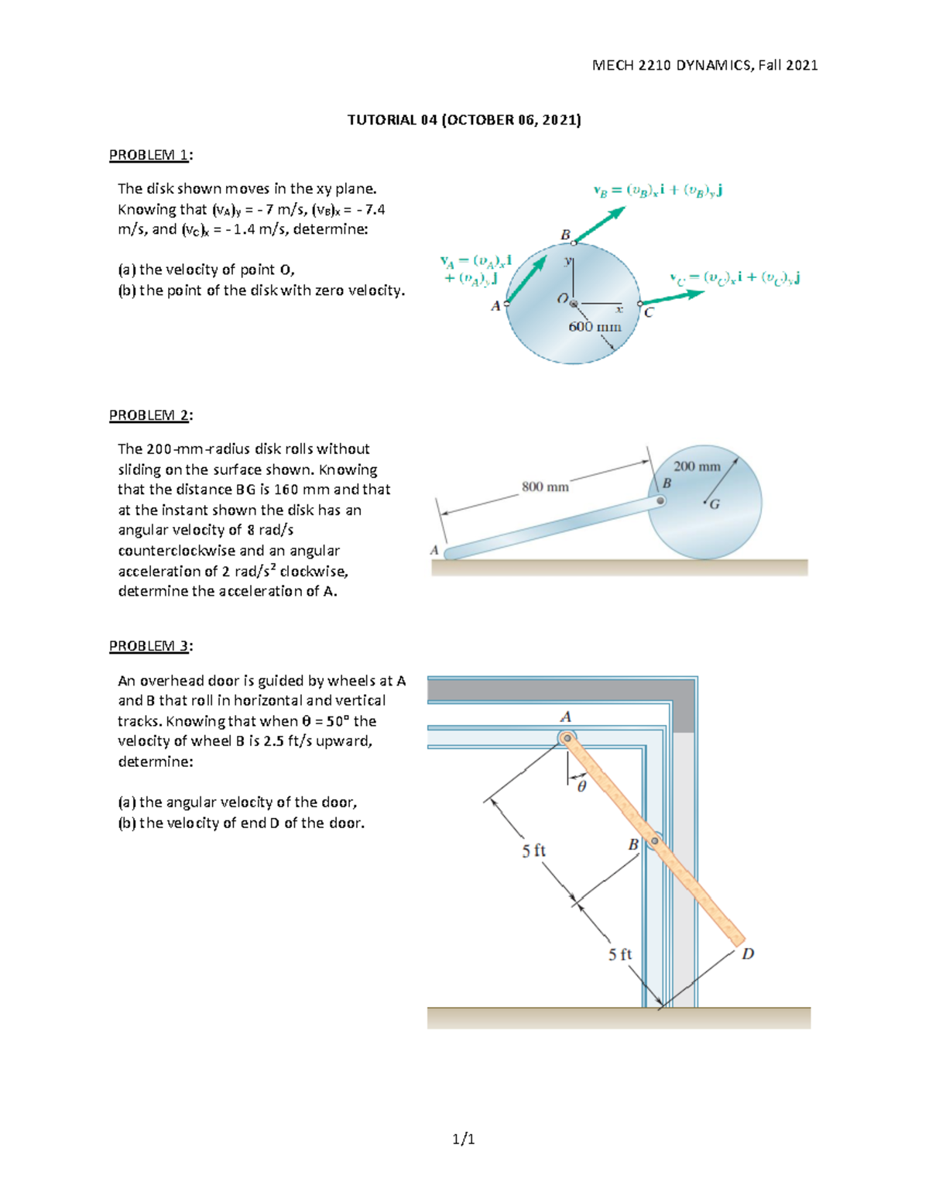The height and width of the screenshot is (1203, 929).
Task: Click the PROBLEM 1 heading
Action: pos(150,155)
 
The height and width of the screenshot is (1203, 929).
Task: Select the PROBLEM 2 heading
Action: pos(150,415)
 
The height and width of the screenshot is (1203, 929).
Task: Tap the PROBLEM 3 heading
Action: pos(150,646)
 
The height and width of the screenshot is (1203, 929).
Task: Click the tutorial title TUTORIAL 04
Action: pos(464,119)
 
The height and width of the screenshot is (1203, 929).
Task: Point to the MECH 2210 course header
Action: pos(704,65)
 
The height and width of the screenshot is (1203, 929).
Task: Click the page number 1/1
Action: pos(464,1139)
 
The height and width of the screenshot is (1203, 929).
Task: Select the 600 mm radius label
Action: pos(595,327)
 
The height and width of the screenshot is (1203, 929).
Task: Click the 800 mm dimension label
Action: pos(545,487)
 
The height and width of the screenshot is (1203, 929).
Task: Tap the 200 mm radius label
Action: pos(697,466)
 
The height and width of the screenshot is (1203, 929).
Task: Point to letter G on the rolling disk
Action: pos(715,504)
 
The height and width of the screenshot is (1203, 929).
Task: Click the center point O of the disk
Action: pos(573,303)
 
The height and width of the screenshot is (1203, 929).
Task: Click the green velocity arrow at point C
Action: pos(671,297)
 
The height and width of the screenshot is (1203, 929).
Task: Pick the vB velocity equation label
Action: pos(657,191)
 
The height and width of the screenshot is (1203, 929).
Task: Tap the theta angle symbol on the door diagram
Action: pos(581,786)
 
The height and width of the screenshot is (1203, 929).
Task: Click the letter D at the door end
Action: pos(748,954)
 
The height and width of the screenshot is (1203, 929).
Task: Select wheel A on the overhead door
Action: pos(567,738)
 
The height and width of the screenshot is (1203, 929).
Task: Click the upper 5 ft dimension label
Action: pos(533,851)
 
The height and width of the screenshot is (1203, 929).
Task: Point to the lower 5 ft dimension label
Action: pos(619,954)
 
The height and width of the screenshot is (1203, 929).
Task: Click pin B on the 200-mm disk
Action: pos(660,500)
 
